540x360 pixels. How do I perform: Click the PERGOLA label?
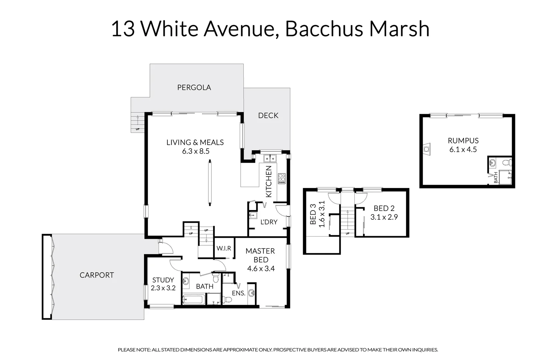pos(194,87)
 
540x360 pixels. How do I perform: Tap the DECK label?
pos(268,115)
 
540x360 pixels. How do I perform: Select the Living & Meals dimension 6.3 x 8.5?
pos(195,151)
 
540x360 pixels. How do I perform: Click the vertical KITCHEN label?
pos(269,182)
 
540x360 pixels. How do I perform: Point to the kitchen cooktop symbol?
pos(282,178)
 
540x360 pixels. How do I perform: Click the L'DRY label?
pos(269,222)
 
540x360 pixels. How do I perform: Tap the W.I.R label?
pos(224,248)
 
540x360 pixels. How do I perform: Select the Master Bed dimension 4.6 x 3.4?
pos(261,269)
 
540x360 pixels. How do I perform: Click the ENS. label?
pos(238,293)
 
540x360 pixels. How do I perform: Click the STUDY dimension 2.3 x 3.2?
pos(163,288)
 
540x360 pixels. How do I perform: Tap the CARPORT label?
pos(97,275)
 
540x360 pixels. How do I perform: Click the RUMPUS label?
pos(463,141)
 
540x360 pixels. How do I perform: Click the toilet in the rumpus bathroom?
pos(507,163)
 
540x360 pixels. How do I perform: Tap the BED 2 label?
pos(384,208)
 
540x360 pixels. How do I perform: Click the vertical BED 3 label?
pos(313,214)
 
